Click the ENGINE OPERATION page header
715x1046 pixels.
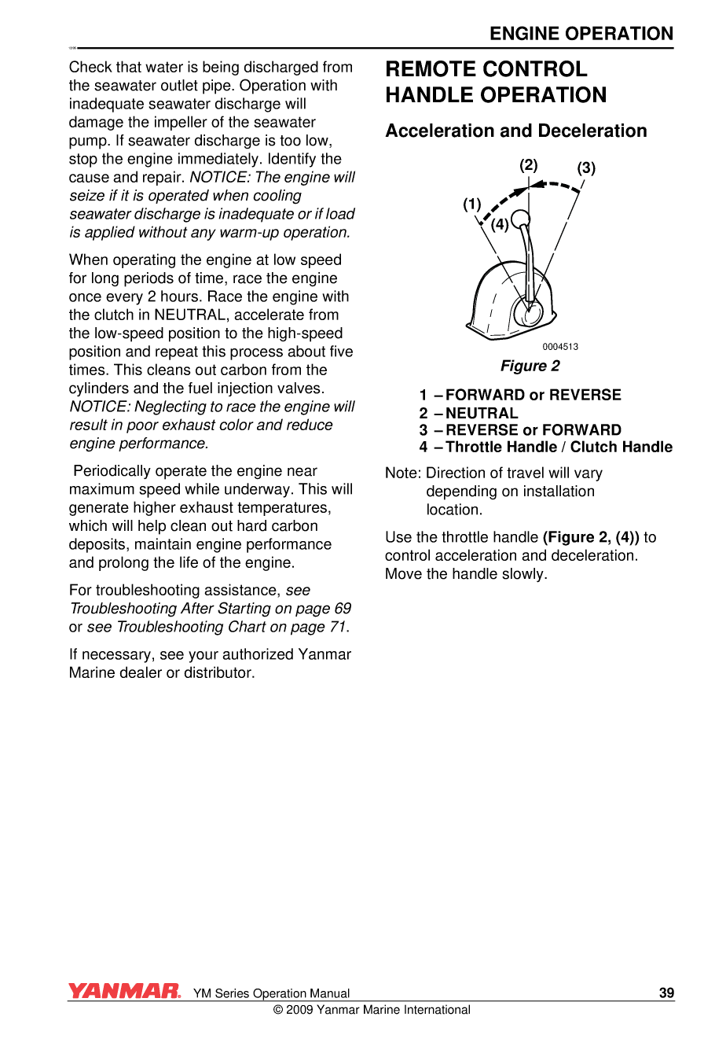(x=581, y=34)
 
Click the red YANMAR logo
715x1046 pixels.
(x=124, y=991)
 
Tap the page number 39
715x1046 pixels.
(x=666, y=993)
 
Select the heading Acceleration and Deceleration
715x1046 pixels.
(x=515, y=131)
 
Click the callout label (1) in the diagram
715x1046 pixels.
(x=471, y=204)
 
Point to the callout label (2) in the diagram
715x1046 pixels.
(x=529, y=165)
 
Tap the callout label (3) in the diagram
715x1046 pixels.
(x=586, y=168)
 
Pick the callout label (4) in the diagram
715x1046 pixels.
(x=500, y=225)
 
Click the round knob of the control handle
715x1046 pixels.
(x=520, y=219)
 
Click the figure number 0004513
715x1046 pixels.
(x=560, y=347)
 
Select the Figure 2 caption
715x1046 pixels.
(x=530, y=366)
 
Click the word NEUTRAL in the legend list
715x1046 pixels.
(x=482, y=413)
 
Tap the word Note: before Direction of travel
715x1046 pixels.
(x=403, y=473)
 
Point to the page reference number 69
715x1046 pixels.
(x=343, y=609)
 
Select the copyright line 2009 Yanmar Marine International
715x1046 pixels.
(x=372, y=1010)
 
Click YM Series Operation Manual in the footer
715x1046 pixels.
(x=271, y=993)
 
